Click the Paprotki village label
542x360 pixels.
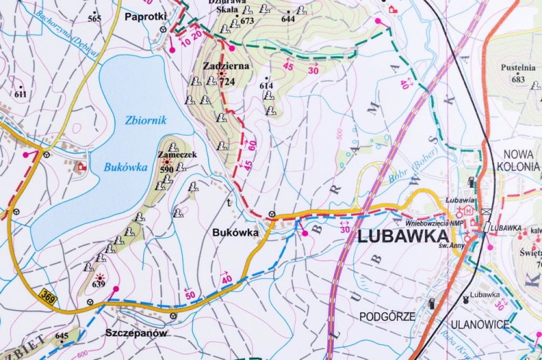click(145, 15)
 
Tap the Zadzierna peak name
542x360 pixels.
click(226, 66)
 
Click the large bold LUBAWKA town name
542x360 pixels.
click(398, 236)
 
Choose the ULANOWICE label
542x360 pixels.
click(478, 325)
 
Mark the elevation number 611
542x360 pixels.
click(20, 94)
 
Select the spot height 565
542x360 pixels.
click(95, 18)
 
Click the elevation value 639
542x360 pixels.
click(98, 284)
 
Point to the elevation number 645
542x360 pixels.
click(62, 336)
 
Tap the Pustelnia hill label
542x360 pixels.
click(517, 69)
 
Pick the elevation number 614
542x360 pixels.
click(267, 86)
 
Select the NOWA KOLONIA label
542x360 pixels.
click(517, 160)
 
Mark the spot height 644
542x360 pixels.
click(288, 19)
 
